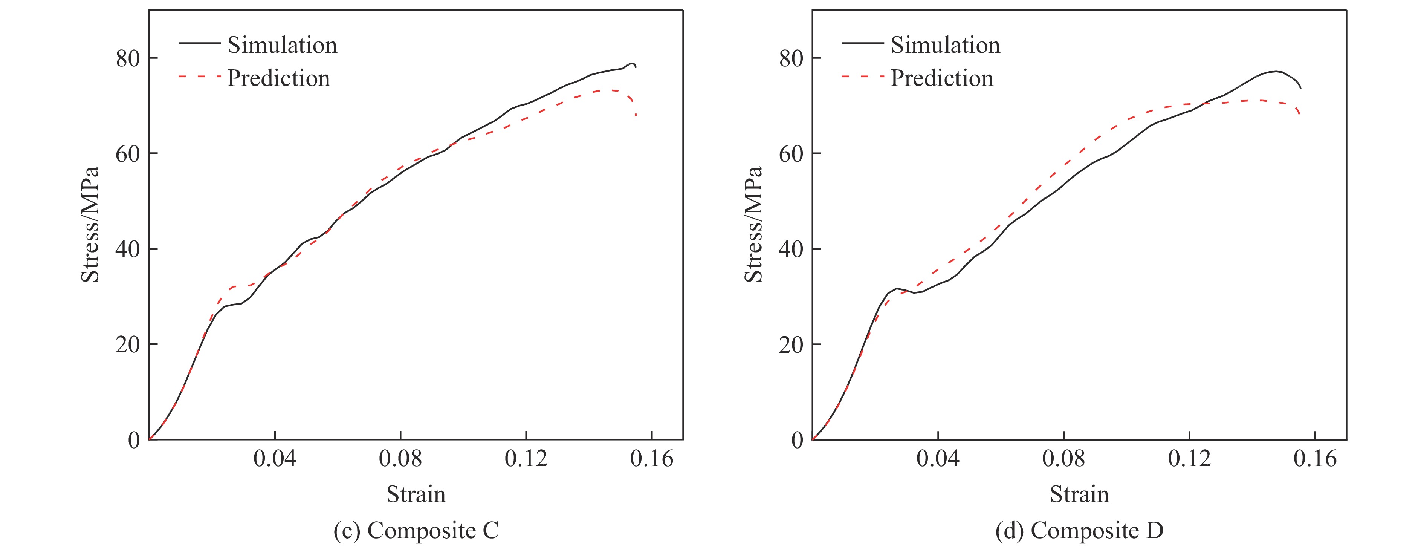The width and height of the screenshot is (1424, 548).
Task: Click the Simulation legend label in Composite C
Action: tap(282, 45)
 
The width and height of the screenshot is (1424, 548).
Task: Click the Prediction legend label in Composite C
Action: tap(279, 78)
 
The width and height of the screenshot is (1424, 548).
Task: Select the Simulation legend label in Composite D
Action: tap(945, 45)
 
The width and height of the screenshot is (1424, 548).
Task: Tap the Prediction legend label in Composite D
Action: tap(942, 78)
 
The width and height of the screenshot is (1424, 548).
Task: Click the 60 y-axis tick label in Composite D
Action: tap(791, 154)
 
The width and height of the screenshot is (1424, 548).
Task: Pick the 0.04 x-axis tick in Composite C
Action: tap(275, 458)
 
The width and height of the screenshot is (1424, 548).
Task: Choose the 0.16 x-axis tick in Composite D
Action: tap(1314, 458)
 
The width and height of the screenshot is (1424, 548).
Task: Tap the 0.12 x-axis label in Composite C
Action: tap(526, 458)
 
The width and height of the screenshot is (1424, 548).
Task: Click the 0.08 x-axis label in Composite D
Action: tap(1063, 458)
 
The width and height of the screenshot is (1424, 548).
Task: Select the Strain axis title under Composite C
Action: tap(416, 494)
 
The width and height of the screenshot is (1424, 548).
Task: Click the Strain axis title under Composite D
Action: tap(1079, 494)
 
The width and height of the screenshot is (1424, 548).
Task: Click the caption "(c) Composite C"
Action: tap(416, 530)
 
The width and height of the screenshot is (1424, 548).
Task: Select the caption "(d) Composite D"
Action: tap(1079, 530)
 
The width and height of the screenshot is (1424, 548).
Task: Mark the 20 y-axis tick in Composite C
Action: tap(128, 344)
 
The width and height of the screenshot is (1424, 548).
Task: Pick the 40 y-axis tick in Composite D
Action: tap(791, 249)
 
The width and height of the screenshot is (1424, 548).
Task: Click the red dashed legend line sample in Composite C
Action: tap(199, 76)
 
